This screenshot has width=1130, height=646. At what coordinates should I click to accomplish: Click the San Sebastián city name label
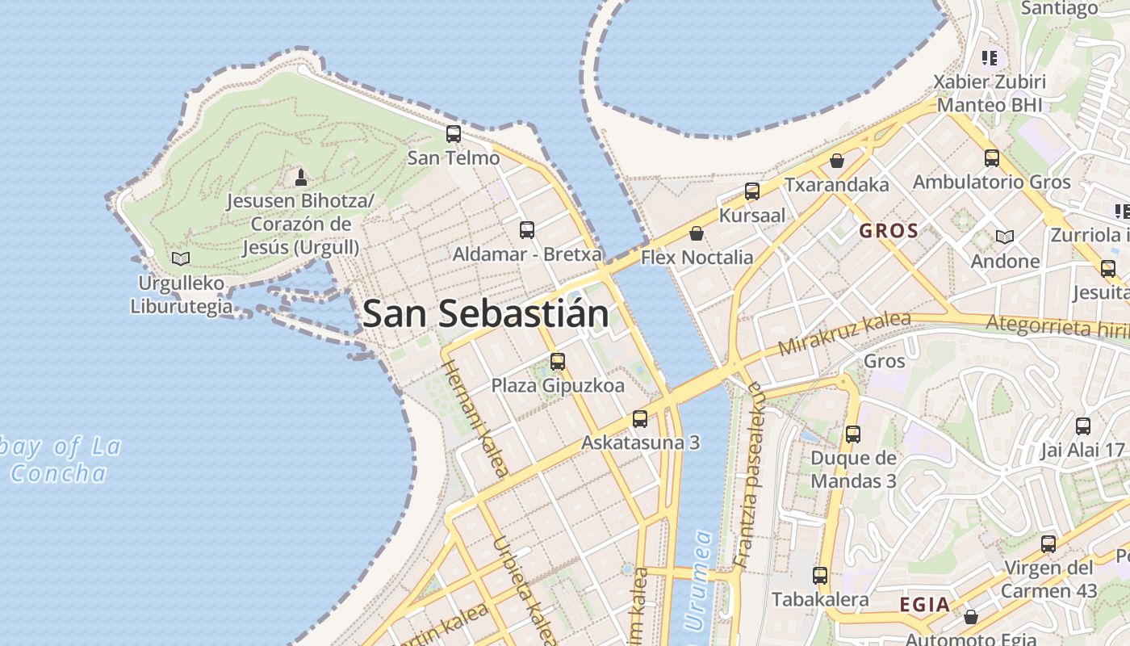[x=485, y=313]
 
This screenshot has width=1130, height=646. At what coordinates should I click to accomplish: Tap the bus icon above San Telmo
[x=454, y=134]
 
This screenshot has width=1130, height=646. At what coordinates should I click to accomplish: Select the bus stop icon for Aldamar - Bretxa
[x=527, y=230]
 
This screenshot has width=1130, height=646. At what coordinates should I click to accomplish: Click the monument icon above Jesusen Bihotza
[x=301, y=177]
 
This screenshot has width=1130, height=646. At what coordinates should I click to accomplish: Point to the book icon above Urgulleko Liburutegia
[x=181, y=259]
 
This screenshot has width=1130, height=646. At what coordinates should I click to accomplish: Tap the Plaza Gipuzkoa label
[x=558, y=386]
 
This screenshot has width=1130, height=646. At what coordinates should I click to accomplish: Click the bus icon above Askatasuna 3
[x=640, y=418]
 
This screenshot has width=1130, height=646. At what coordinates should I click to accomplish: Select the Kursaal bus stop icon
[x=752, y=191]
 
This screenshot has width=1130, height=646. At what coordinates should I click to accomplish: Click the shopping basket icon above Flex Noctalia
[x=697, y=233]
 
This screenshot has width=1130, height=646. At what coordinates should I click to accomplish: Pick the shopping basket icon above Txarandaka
[x=837, y=161]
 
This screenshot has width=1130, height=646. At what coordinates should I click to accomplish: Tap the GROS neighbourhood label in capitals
[x=889, y=231]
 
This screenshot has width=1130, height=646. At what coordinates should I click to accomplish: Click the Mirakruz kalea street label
[x=844, y=333]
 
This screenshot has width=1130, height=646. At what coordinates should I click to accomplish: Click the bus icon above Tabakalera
[x=820, y=576]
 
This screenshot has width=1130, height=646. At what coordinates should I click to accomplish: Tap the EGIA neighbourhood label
[x=925, y=604]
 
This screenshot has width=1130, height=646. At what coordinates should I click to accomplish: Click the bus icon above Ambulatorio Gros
[x=992, y=158]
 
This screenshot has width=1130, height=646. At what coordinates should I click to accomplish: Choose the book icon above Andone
[x=1005, y=237]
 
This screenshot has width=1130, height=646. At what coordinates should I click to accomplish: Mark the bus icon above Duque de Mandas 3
[x=853, y=434]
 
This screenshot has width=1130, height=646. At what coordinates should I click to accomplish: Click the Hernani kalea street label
[x=475, y=418]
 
